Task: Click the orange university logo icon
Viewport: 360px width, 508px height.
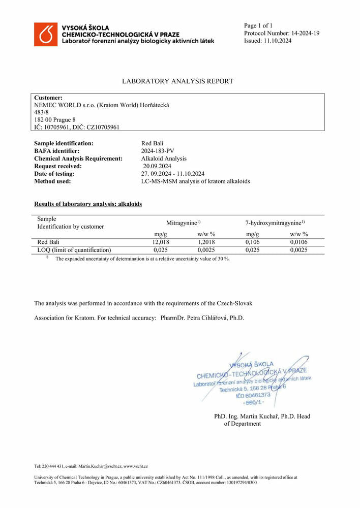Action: [x=46, y=34]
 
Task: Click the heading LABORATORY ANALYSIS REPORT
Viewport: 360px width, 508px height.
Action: [x=177, y=81]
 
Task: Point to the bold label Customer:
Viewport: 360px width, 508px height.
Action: [x=48, y=98]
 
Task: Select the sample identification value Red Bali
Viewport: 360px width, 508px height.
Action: [x=152, y=144]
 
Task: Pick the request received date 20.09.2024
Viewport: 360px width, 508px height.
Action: [x=157, y=166]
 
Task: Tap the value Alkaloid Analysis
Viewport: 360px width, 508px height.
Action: [x=164, y=158]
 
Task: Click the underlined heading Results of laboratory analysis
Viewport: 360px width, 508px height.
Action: [x=87, y=204]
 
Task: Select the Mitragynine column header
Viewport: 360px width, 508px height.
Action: [x=183, y=223]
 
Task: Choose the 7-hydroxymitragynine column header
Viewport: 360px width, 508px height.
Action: [x=275, y=223]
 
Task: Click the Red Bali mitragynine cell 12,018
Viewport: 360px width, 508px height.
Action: [x=161, y=242]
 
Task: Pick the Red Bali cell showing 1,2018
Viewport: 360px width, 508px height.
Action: [x=206, y=242]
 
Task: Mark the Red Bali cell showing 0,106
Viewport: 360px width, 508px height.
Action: [x=253, y=242]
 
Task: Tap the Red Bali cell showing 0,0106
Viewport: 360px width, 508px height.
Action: [x=298, y=242]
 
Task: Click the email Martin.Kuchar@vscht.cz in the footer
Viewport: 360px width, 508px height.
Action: [x=100, y=466]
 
